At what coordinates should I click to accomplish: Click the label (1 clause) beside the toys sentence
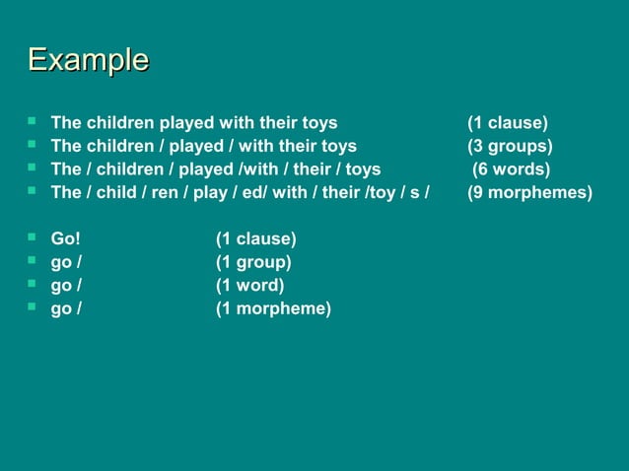pyautogui.click(x=508, y=123)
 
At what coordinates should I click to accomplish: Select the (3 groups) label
pyautogui.click(x=510, y=147)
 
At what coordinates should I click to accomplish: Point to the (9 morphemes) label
pyautogui.click(x=529, y=192)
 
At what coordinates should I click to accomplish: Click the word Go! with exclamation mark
pyautogui.click(x=66, y=239)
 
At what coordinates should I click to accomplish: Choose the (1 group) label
pyautogui.click(x=253, y=262)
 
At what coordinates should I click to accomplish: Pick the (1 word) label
pyautogui.click(x=250, y=286)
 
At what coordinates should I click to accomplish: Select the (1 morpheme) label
pyautogui.click(x=273, y=308)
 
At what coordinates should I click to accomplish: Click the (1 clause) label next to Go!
pyautogui.click(x=256, y=239)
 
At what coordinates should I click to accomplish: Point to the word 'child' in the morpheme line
pyautogui.click(x=116, y=192)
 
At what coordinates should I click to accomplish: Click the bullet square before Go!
pyautogui.click(x=33, y=237)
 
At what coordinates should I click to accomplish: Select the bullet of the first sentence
pyautogui.click(x=33, y=121)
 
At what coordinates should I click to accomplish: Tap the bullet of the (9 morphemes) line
pyautogui.click(x=33, y=190)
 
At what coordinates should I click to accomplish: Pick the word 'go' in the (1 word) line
pyautogui.click(x=61, y=287)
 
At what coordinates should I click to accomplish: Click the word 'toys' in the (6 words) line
pyautogui.click(x=363, y=169)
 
